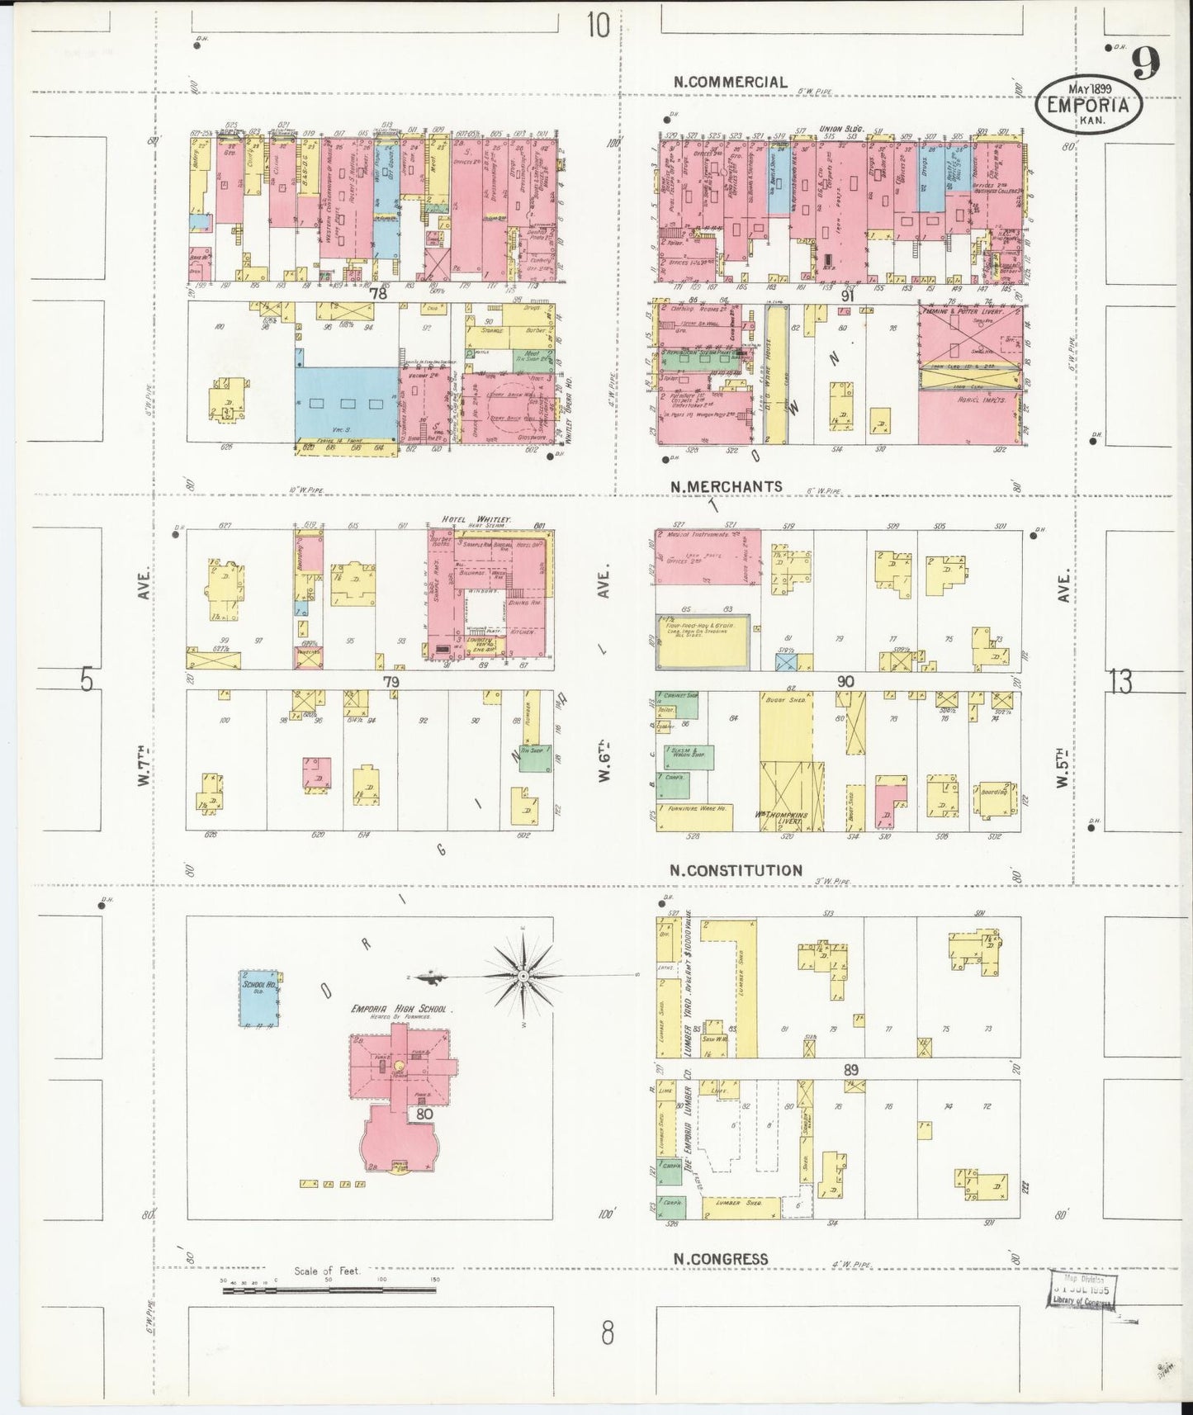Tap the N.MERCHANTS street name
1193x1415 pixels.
(727, 486)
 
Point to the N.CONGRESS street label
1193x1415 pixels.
(720, 1259)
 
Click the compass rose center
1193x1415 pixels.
(523, 977)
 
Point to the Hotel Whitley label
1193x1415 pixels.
(477, 518)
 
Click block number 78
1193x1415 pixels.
(378, 292)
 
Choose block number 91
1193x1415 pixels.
(846, 294)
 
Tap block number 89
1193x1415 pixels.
(851, 1070)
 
